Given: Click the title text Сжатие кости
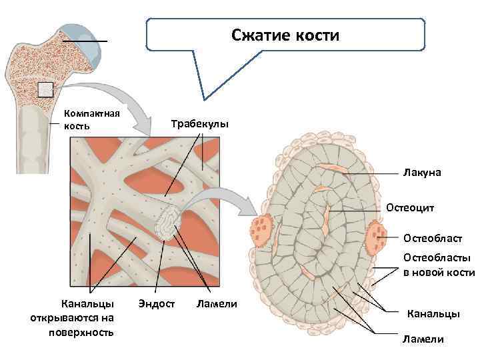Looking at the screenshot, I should (285, 35).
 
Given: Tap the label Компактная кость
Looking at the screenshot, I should (91, 119).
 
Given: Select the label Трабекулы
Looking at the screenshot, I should (199, 125).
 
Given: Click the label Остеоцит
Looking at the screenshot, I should (410, 208).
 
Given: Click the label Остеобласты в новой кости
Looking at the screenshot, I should (437, 265).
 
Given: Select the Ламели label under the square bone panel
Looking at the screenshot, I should (217, 304).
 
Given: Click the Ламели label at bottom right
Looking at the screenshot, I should (423, 339).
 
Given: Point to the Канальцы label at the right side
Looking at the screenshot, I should (433, 313).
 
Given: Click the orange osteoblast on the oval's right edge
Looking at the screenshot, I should (377, 234).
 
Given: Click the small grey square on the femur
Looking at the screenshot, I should (45, 89).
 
